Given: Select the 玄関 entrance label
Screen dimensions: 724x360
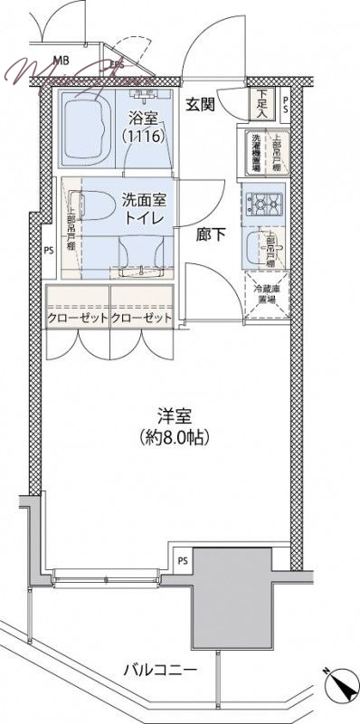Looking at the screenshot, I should [x=201, y=104].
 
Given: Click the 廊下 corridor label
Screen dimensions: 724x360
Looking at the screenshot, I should [x=211, y=233].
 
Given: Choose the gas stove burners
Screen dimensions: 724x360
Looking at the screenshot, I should [x=264, y=206].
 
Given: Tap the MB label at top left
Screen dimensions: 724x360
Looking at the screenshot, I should [x=60, y=62].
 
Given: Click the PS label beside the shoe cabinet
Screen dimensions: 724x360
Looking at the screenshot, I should [x=287, y=101].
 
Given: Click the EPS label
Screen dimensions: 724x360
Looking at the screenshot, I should [x=118, y=65].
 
